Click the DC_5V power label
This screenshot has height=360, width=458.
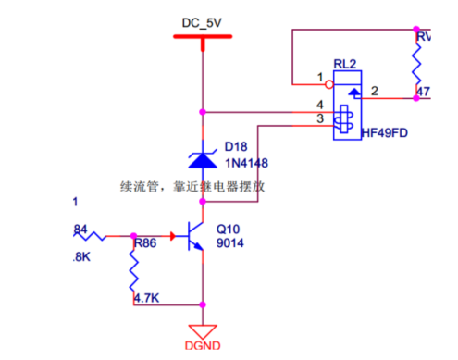202,19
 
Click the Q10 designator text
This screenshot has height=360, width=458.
228,229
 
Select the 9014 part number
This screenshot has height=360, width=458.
229,244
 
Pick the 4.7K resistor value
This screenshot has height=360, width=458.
147,298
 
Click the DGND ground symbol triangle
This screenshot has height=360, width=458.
202,330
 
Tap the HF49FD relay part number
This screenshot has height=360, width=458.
387,132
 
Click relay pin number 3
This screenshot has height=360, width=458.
320,118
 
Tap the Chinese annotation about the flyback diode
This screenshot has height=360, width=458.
193,186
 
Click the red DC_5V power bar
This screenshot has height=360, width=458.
202,38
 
